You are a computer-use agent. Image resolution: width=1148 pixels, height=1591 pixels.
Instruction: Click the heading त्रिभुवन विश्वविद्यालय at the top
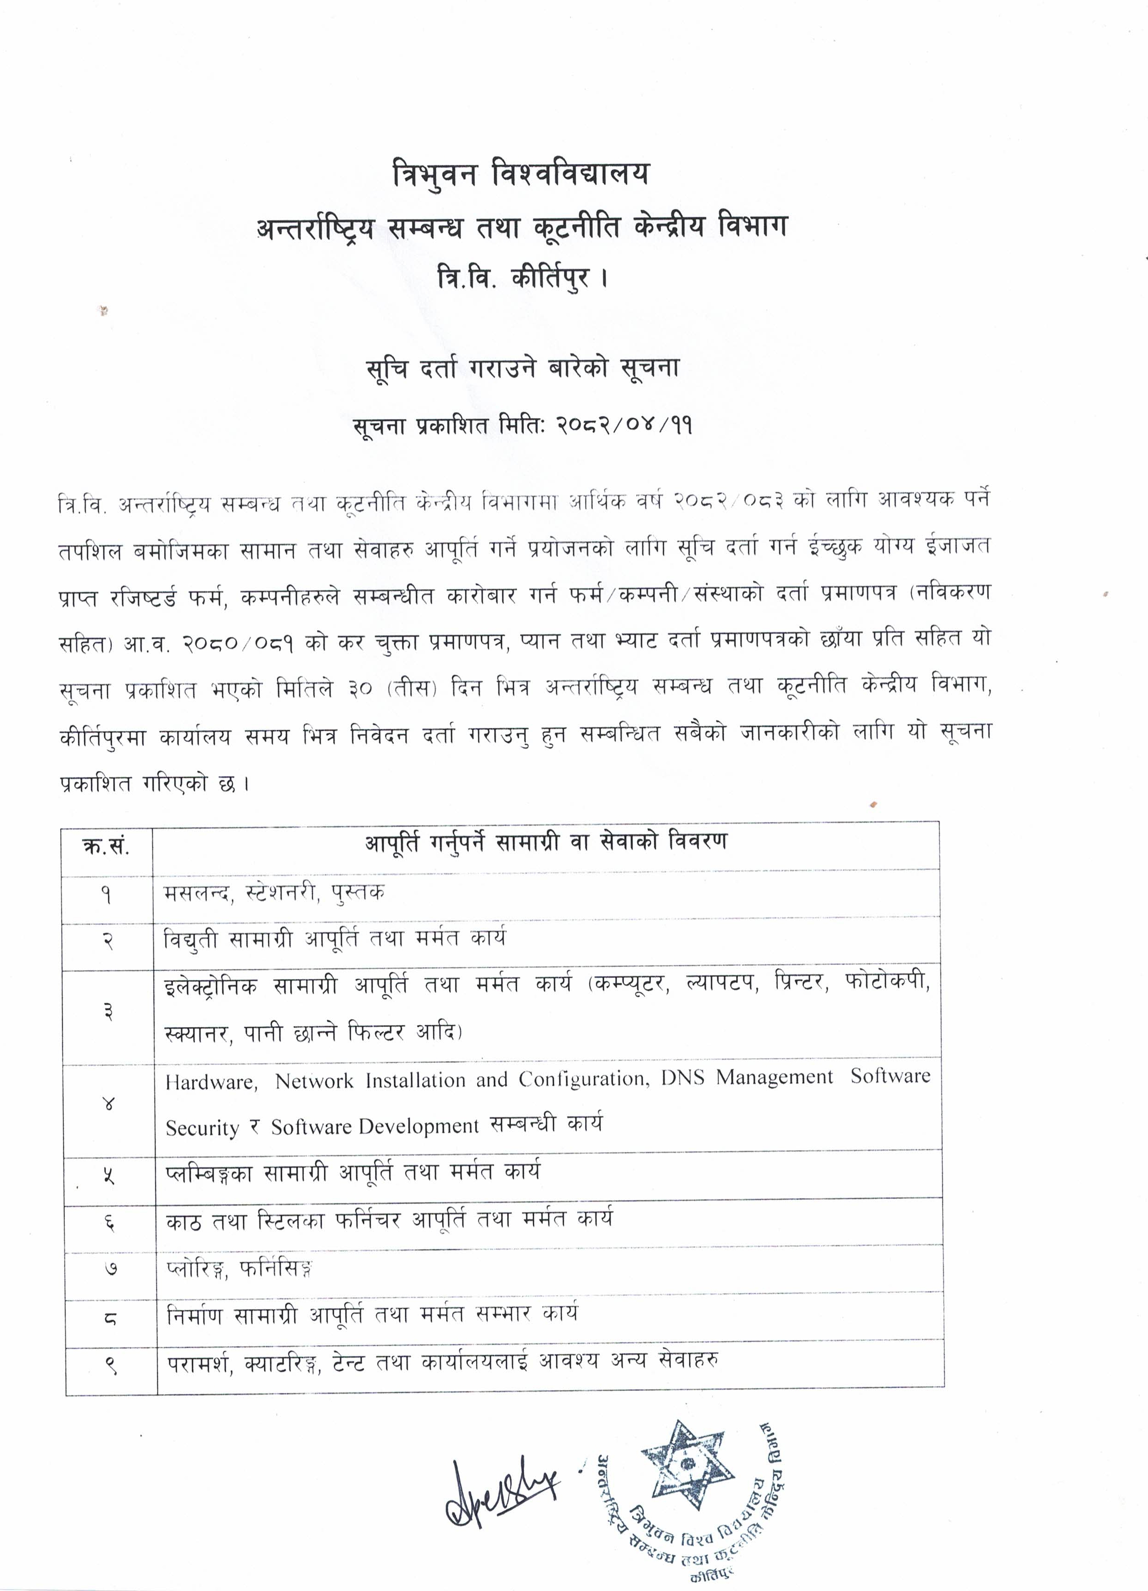point(521,175)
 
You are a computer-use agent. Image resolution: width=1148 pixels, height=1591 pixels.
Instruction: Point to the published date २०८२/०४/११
point(624,425)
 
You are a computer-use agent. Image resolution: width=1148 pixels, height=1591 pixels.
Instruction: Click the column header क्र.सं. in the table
point(107,847)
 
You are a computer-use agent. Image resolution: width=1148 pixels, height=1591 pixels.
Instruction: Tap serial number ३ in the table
point(108,1012)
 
